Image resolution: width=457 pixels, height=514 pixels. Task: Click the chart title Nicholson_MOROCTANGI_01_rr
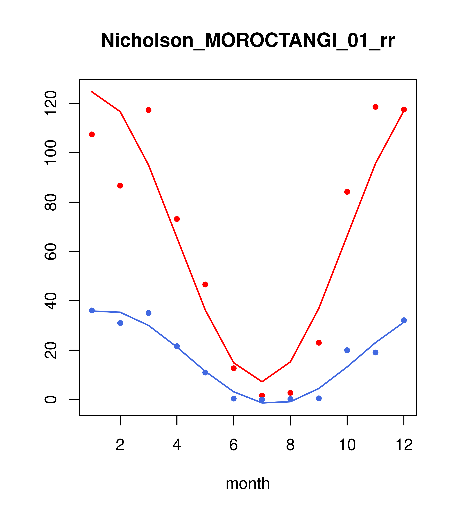point(248,40)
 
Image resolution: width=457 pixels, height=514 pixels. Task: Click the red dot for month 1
point(92,134)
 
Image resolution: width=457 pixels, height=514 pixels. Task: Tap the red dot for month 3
point(149,110)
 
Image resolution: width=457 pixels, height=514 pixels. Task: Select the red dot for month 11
point(376,107)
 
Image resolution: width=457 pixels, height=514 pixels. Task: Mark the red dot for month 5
point(205,284)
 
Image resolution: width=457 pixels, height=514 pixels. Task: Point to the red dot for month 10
point(347,192)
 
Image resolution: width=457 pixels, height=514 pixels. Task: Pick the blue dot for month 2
point(120,323)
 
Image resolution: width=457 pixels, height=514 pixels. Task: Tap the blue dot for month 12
point(404,320)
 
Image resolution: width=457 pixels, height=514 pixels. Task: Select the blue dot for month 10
point(347,350)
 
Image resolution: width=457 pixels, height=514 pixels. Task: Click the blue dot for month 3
point(149,313)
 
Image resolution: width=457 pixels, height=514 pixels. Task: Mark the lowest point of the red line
point(262,382)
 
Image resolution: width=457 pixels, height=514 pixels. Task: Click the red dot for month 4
point(177,219)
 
